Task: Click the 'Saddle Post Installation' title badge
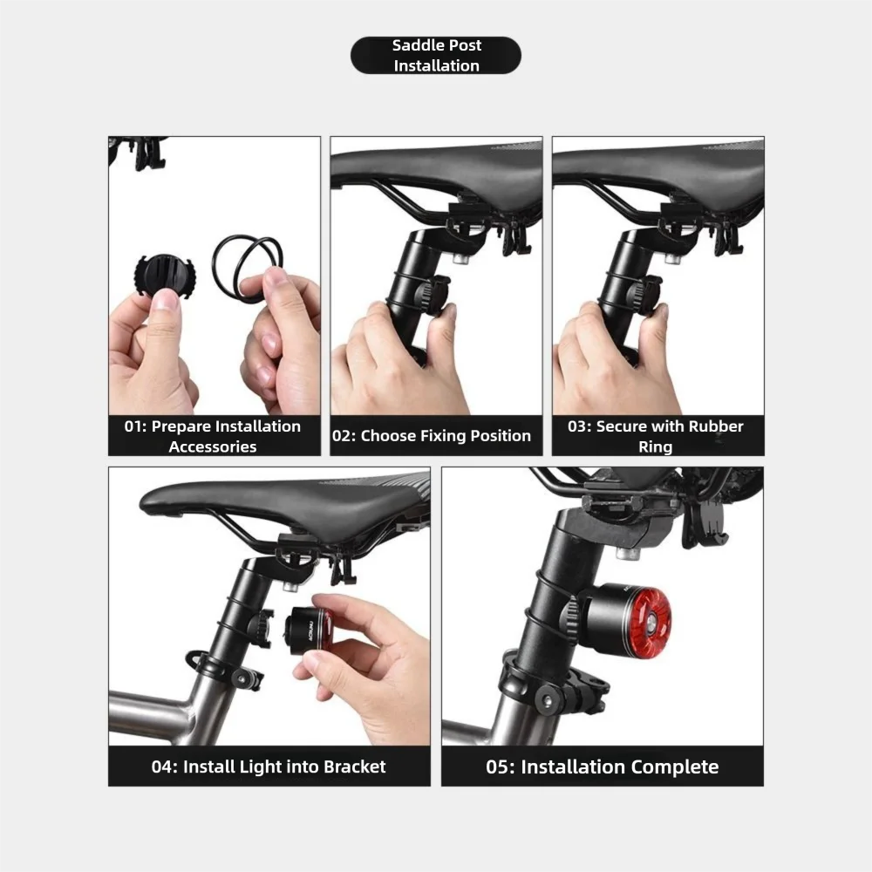[436, 55]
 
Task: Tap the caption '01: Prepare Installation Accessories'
[213, 436]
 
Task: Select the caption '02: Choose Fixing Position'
[432, 435]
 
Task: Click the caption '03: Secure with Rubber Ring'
[656, 436]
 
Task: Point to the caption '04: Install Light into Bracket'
[269, 766]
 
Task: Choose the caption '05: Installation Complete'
[603, 766]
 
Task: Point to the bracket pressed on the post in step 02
[433, 294]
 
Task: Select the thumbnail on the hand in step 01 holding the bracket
[165, 302]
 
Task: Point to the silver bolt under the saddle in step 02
[461, 258]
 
